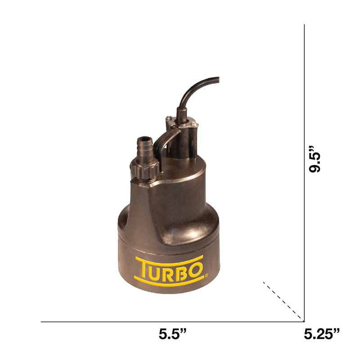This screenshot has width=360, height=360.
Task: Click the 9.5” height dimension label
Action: (315, 159)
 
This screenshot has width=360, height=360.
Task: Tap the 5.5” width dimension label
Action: (172, 334)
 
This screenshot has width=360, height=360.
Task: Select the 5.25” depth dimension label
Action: (321, 334)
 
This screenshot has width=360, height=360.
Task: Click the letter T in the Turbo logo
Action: (144, 269)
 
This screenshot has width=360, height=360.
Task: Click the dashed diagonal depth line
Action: (283, 300)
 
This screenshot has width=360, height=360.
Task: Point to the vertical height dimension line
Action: (305, 173)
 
